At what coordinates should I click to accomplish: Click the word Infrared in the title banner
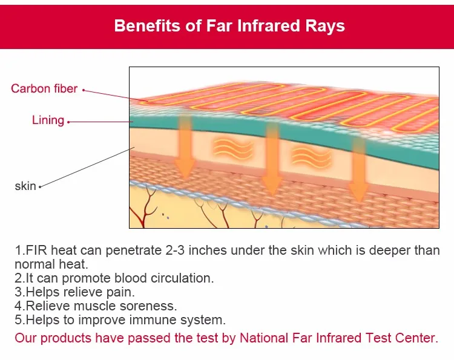coord(268,25)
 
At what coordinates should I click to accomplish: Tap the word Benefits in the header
coord(147,25)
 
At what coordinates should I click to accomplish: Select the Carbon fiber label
coord(44,88)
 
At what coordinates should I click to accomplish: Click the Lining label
coord(48,120)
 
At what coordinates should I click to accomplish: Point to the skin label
coord(25,186)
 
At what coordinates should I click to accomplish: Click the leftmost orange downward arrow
coord(185,146)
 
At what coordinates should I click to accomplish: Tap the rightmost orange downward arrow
coord(358,169)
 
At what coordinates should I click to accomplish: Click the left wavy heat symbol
coord(233,149)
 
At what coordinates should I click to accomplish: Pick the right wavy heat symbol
coord(311,157)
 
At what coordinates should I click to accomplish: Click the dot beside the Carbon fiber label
coord(84,90)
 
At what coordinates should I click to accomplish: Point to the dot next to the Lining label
coord(68,122)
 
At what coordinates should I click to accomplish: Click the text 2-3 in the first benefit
coord(175,250)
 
